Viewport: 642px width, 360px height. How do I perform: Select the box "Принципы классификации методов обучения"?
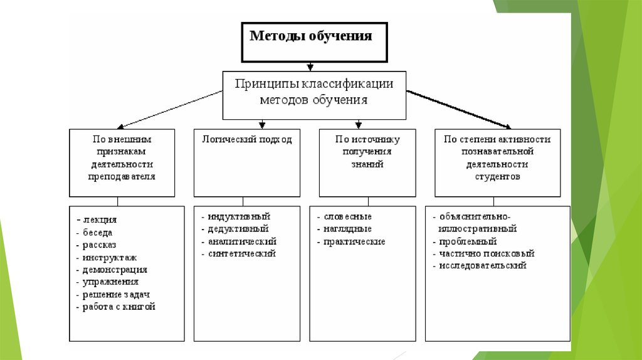[x=314, y=92]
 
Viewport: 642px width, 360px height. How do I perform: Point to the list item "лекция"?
[x=100, y=220]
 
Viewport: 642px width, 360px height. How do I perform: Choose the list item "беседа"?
[x=98, y=232]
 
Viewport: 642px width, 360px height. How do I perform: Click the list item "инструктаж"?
[x=109, y=257]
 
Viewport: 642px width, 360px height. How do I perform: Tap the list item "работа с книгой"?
[x=118, y=307]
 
